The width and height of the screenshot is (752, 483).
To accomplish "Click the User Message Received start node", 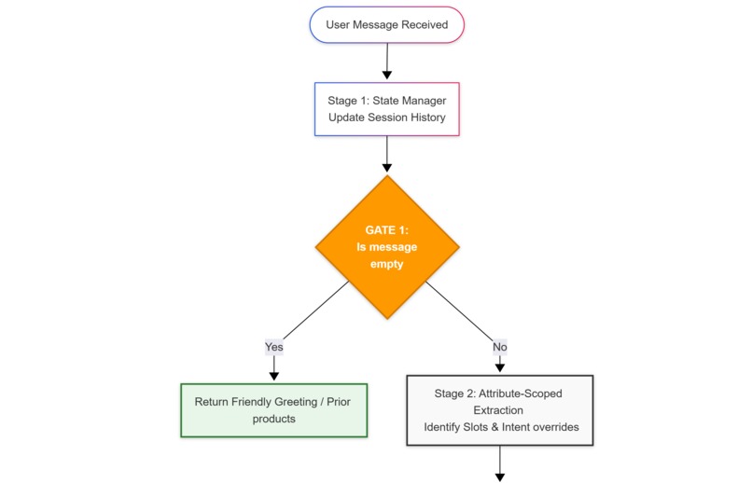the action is pos(387,25).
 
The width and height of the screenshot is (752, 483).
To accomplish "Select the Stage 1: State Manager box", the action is pos(387,109).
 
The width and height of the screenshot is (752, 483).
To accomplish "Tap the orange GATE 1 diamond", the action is pos(387,247).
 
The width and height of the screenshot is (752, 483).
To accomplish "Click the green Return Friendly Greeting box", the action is pos(274,410).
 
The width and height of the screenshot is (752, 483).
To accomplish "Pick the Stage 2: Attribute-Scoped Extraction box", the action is pos(500,410).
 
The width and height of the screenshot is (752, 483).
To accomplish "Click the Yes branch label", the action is pos(274,347).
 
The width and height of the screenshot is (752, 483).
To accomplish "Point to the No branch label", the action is pos(500,347).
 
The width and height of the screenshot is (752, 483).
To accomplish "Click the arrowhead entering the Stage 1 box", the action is pos(387,76).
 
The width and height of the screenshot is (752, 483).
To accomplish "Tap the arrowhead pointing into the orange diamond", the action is pos(387,168).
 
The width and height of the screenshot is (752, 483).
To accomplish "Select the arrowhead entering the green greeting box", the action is pos(274,377).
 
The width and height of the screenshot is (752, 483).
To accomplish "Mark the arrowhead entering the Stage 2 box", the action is pos(500,368).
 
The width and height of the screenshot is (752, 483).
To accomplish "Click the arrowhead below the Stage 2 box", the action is pos(500,477).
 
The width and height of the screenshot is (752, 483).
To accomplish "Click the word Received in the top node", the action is pos(425,25).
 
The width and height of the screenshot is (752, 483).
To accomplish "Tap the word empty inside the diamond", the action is pos(386,265).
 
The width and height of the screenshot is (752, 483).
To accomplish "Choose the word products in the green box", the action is pos(274,419).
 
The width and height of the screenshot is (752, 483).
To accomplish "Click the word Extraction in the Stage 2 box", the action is pos(498,410).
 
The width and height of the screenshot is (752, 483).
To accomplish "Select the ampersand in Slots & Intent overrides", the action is pos(494,427).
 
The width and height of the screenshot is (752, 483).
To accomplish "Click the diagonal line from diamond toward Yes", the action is pos(316,310).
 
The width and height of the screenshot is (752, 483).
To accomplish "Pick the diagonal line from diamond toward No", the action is pos(459,311).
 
